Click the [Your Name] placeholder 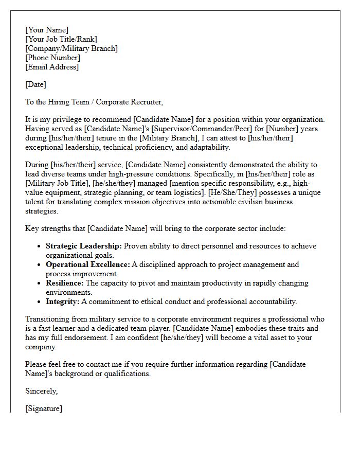pyautogui.click(x=47, y=30)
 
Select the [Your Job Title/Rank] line pyautogui.click(x=61, y=39)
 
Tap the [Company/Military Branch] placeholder pyautogui.click(x=71, y=48)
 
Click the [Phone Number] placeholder pyautogui.click(x=52, y=58)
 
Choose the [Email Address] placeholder pyautogui.click(x=52, y=67)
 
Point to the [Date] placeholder pyautogui.click(x=35, y=84)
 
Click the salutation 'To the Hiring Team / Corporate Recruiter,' pyautogui.click(x=94, y=102)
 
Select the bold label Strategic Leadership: pyautogui.click(x=84, y=246)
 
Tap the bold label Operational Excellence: pyautogui.click(x=87, y=264)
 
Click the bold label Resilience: pyautogui.click(x=64, y=283)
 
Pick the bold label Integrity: pyautogui.click(x=62, y=301)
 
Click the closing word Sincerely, pyautogui.click(x=42, y=391)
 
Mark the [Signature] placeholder pyautogui.click(x=44, y=408)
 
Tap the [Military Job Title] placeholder pyautogui.click(x=58, y=183)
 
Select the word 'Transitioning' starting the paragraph pyautogui.click(x=49, y=319)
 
